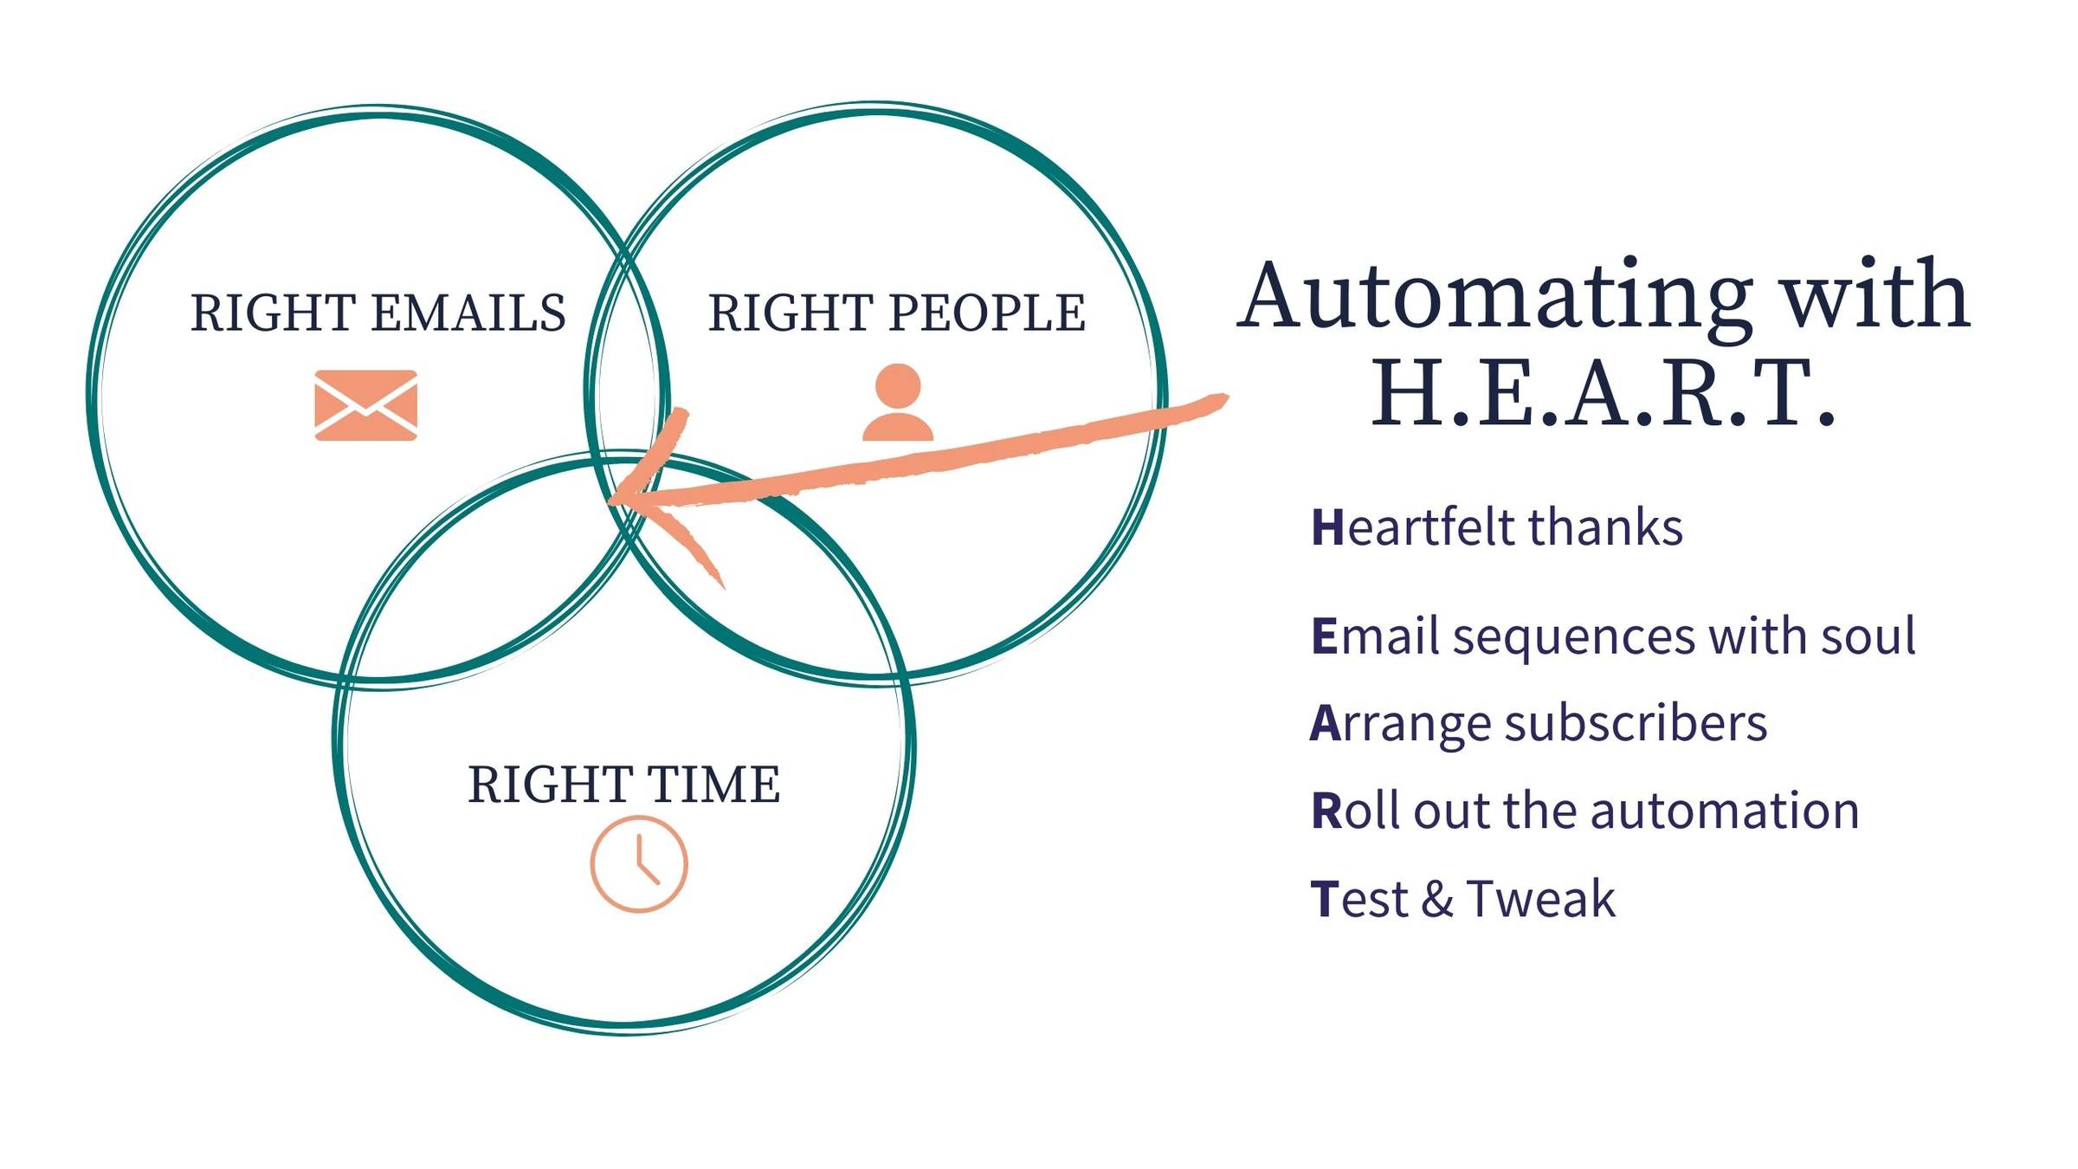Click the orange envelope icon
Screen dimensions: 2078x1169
[x=365, y=405]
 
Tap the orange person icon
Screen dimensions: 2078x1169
[x=898, y=402]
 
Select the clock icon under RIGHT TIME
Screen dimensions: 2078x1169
[x=639, y=863]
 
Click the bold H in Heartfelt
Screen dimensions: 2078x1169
[x=1326, y=527]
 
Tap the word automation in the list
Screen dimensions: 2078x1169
[x=1725, y=811]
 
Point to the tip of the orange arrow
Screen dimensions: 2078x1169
[x=609, y=501]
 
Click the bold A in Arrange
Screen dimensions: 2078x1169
[x=1326, y=724]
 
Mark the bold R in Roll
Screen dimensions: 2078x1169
[x=1326, y=811]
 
